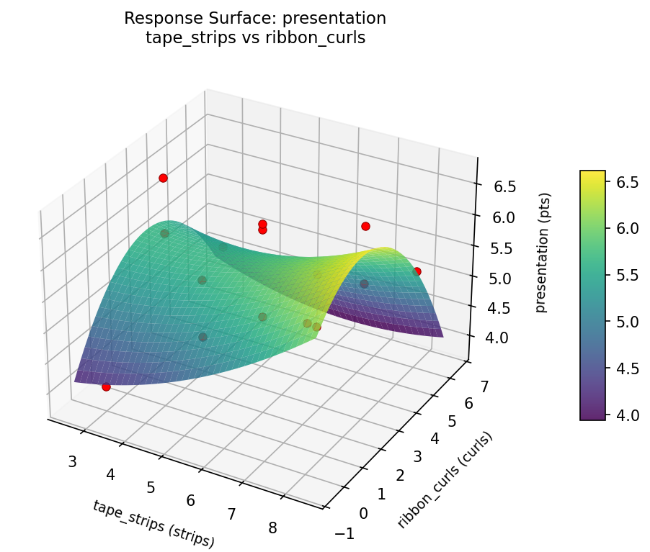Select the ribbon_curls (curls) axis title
[446, 480]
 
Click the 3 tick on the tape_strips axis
[72, 461]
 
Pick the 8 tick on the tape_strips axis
[272, 528]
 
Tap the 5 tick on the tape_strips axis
[151, 487]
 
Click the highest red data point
[163, 178]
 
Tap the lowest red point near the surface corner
[106, 386]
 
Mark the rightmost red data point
[417, 271]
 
